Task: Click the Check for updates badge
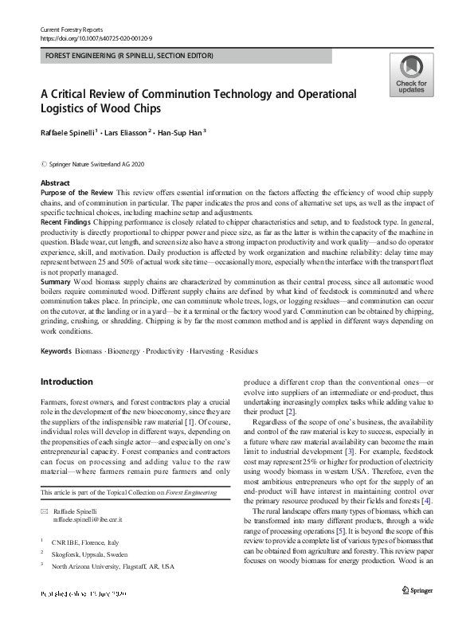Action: pyautogui.click(x=411, y=76)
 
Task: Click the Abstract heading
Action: pyautogui.click(x=54, y=182)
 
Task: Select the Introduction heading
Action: pyautogui.click(x=67, y=382)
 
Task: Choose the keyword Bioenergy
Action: pyautogui.click(x=127, y=350)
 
